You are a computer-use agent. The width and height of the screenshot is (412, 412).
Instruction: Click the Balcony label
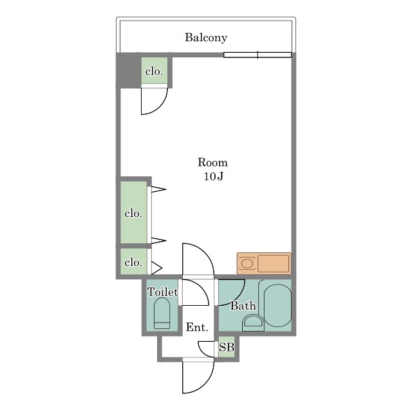tap(206, 37)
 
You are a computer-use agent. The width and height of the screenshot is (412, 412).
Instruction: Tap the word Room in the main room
tap(212, 162)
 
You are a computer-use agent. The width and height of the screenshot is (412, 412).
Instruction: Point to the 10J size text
tap(213, 176)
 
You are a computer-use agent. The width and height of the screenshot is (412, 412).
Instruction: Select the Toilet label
tap(163, 292)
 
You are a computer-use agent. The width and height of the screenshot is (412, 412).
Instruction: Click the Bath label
tap(243, 306)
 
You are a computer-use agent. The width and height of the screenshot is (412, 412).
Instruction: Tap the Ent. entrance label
tap(197, 327)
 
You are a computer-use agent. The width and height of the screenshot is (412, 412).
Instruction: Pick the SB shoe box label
tap(227, 348)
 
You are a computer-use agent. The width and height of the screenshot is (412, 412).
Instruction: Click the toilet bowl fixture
tap(162, 314)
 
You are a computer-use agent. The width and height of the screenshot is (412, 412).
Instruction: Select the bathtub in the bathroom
tap(277, 305)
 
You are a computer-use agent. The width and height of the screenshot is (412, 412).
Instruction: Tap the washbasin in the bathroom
tap(253, 323)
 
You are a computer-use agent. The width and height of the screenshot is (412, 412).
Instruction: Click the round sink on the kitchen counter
tap(247, 263)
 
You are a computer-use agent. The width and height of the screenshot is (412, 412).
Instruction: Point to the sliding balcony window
tap(257, 55)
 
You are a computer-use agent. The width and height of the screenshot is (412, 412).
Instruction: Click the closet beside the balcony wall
tap(154, 71)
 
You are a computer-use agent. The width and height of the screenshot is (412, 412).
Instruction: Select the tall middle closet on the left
tap(134, 212)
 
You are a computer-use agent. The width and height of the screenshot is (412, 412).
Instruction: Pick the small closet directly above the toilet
tap(134, 262)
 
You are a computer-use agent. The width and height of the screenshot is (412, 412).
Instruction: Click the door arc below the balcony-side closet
tap(161, 108)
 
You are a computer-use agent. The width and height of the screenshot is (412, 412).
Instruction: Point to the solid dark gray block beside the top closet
tap(129, 70)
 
